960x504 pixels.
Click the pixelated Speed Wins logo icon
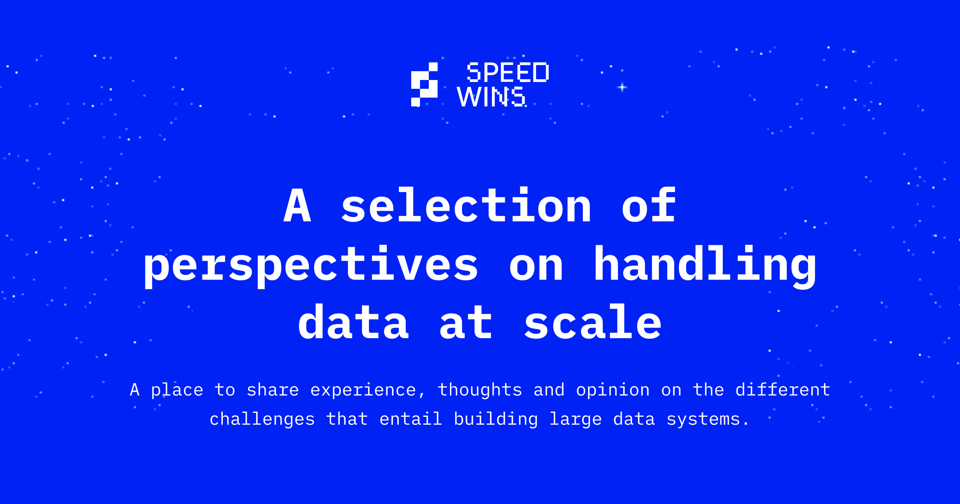[424, 84]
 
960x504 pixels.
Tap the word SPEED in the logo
[508, 73]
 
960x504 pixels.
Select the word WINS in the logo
[491, 97]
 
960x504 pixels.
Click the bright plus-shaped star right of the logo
[622, 87]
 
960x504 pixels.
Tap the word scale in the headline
[593, 322]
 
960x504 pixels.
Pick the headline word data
[354, 322]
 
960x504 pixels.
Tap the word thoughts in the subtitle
[480, 390]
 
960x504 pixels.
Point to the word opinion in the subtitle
[613, 390]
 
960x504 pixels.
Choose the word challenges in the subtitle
[262, 420]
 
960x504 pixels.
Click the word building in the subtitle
[496, 419]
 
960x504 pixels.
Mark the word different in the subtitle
[783, 390]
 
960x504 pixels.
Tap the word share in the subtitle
[273, 390]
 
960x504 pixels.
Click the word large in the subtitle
[576, 420]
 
